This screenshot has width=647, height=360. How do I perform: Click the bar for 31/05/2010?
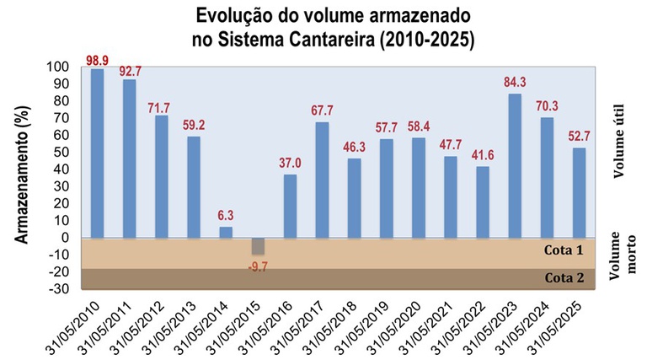(97, 153)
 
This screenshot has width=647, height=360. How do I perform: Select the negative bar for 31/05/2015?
(258, 245)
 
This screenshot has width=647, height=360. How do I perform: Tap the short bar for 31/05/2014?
(226, 232)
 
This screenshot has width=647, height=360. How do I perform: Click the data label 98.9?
(98, 60)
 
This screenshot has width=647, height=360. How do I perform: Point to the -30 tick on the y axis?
(57, 289)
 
